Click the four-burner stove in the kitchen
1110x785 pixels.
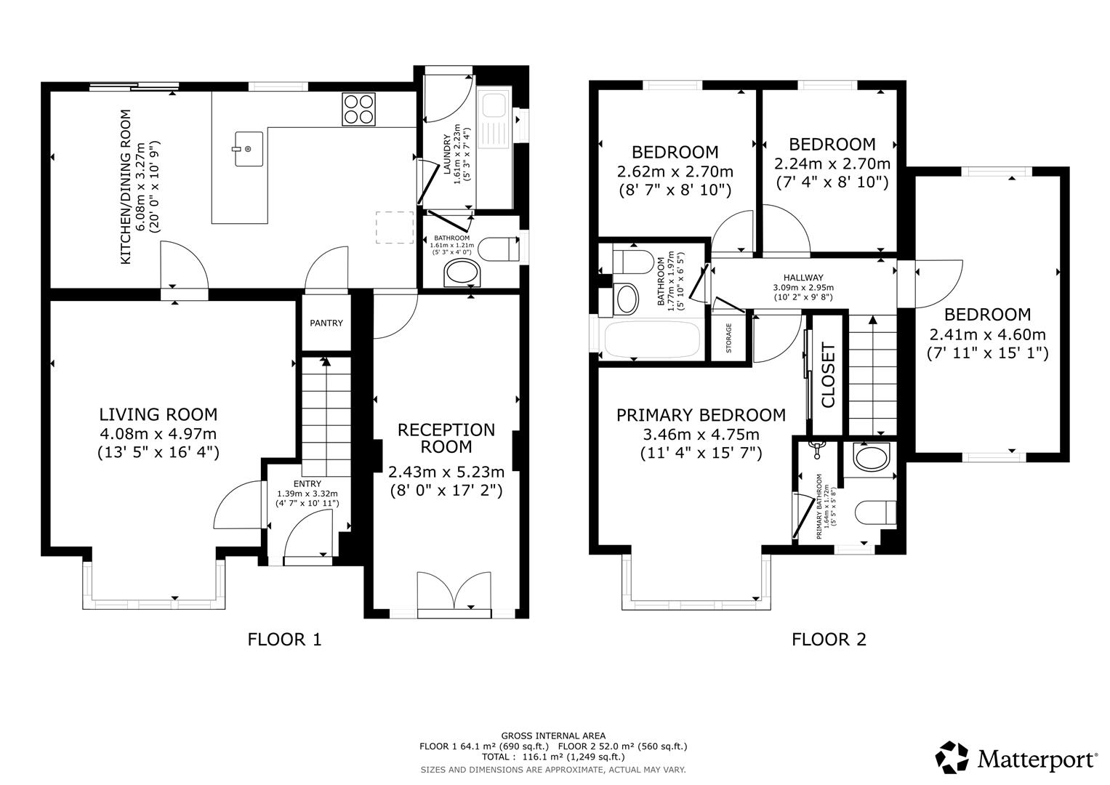tap(358, 109)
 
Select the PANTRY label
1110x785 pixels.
tap(326, 323)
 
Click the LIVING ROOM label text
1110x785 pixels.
tap(158, 415)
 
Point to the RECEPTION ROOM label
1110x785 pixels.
tap(446, 438)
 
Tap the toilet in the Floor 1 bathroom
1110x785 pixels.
tap(501, 249)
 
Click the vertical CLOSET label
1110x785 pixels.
tap(828, 375)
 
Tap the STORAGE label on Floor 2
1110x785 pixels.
tap(728, 337)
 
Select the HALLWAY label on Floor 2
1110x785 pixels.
tap(803, 278)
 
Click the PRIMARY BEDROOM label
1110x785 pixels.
tap(701, 415)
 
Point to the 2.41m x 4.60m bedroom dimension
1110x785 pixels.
tap(987, 334)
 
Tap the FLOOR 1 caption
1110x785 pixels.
tap(284, 640)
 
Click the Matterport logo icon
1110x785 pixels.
tap(952, 757)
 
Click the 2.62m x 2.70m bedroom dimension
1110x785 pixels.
tap(675, 172)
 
